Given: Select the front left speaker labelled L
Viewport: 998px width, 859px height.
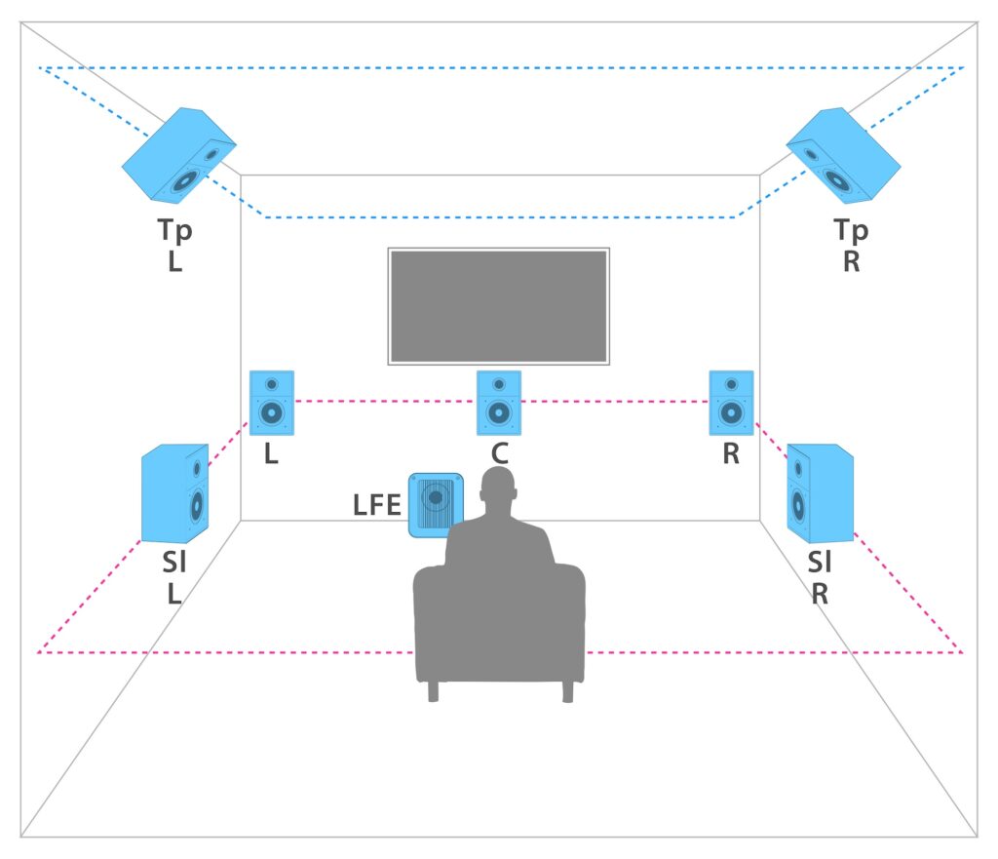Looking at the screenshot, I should [272, 403].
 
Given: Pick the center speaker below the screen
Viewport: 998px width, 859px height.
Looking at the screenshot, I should [499, 403].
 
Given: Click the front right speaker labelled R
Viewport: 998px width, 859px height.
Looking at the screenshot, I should [731, 403].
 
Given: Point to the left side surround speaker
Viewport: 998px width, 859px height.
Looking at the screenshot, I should [175, 493].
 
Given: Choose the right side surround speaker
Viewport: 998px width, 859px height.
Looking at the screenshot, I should [820, 493].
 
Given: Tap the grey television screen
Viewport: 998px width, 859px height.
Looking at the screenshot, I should [499, 306].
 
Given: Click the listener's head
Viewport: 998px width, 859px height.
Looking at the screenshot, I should [498, 492].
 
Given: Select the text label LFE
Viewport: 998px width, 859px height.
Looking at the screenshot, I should [377, 505].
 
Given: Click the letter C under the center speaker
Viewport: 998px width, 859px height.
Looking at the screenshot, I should [498, 454].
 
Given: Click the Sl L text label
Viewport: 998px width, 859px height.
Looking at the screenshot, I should [174, 578].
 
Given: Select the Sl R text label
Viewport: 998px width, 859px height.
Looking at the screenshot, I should [821, 578].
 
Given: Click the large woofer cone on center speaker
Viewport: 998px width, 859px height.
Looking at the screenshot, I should [499, 413].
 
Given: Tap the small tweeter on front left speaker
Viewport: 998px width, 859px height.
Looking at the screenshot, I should [272, 384].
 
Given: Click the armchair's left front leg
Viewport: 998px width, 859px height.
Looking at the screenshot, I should [433, 691].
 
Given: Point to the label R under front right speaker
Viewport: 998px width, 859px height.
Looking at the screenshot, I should [731, 454].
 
